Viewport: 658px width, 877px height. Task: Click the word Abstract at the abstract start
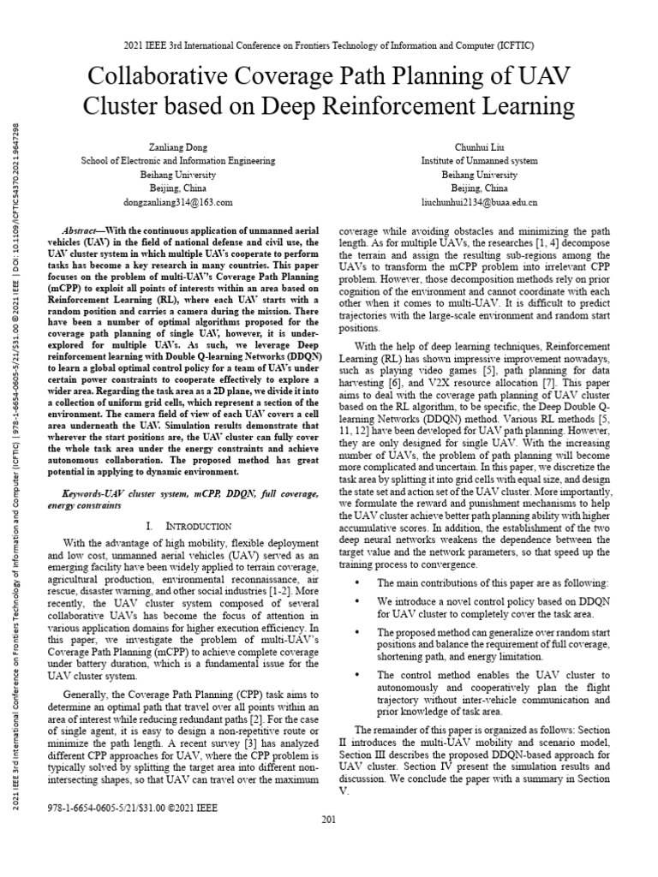click(x=85, y=232)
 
